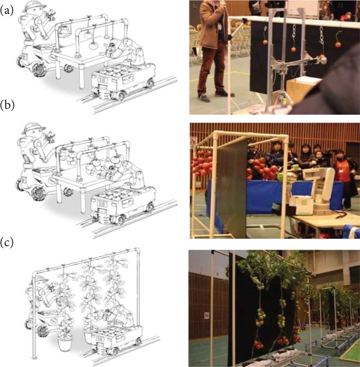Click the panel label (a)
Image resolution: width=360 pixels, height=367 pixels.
(x=7, y=11)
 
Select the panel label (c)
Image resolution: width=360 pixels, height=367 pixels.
(x=7, y=243)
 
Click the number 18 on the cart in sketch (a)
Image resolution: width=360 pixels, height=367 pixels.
(x=102, y=80)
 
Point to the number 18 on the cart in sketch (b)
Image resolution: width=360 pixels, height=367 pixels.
(x=102, y=204)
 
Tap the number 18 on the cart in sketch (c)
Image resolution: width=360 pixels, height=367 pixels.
(x=100, y=339)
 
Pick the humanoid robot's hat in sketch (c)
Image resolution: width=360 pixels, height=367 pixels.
(x=40, y=279)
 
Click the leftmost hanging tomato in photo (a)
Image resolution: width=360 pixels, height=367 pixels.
(x=265, y=42)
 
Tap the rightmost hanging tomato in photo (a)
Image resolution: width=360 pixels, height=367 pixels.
(x=338, y=44)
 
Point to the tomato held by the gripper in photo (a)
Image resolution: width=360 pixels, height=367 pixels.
(x=323, y=58)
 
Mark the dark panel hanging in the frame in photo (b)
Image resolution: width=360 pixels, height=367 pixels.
(x=232, y=187)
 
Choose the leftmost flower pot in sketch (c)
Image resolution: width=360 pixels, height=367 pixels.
(x=64, y=343)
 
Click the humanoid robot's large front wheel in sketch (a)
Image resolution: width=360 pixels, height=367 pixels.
(x=38, y=70)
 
